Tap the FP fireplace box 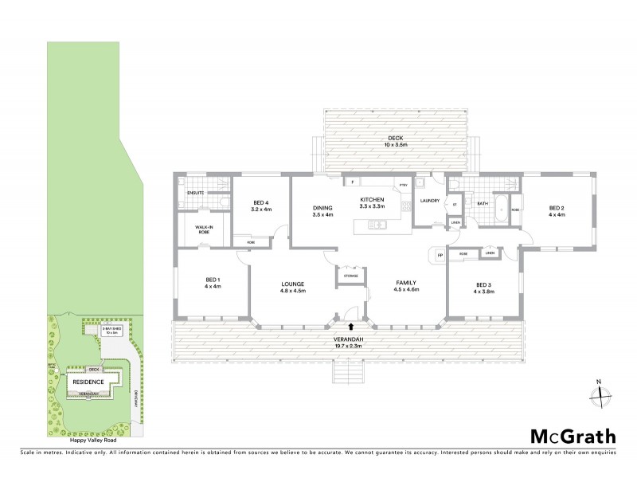439,255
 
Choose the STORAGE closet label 351,276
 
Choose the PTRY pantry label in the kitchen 403,185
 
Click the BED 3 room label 484,288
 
